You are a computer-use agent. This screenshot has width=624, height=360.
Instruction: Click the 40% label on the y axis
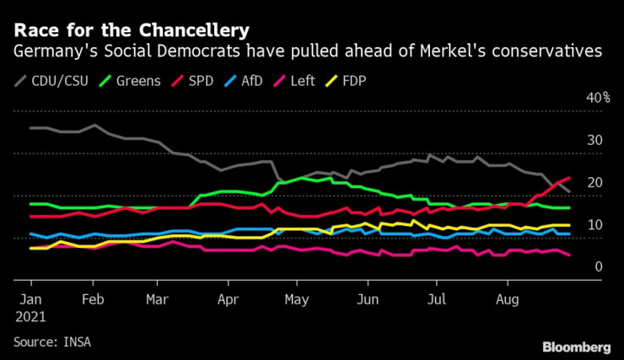599,99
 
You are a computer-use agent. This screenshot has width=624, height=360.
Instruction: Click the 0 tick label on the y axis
600,267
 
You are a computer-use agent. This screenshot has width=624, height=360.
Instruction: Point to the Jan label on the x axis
31,299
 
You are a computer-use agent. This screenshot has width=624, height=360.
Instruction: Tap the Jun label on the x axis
367,299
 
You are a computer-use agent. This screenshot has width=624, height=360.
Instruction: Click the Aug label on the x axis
506,299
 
